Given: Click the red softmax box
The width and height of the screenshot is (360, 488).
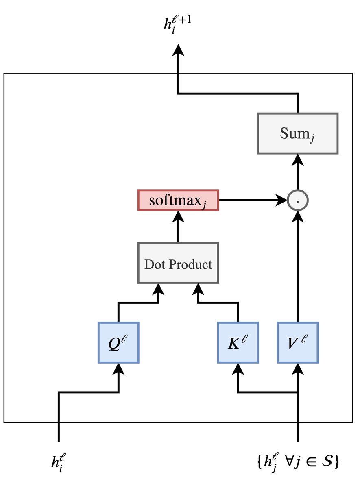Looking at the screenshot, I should click(178, 200).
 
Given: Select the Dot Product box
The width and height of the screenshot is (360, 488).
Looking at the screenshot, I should click(178, 263).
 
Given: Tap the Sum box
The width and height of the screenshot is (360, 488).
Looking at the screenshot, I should click(297, 133).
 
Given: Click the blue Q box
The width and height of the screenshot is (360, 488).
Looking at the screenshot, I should click(118, 342).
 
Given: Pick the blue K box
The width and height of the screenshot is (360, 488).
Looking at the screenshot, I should click(238, 342).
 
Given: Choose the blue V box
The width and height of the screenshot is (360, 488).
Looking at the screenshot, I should click(297, 342).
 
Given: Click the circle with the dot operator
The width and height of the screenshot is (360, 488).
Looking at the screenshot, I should click(298, 200).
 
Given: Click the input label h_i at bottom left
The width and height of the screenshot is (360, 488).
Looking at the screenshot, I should click(58, 462).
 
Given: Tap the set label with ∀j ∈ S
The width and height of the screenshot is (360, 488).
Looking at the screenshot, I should click(298, 462).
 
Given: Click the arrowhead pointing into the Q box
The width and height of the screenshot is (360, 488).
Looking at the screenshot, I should click(118, 369).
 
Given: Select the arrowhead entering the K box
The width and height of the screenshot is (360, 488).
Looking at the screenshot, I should click(238, 369).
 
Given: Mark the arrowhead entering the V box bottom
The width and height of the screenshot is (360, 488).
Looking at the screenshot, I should click(298, 369).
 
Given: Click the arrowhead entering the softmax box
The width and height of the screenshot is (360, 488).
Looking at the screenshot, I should click(178, 217).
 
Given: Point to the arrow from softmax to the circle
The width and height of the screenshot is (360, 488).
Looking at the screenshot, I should click(252, 200).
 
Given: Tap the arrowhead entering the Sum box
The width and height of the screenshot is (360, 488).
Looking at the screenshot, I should click(298, 160).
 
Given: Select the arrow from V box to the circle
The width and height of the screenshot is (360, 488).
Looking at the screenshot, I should click(298, 268).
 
